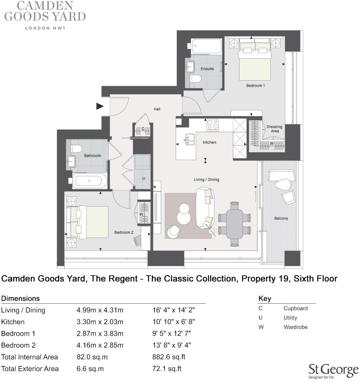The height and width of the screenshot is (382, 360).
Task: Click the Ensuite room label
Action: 207,69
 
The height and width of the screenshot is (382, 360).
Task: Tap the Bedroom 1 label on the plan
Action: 256,85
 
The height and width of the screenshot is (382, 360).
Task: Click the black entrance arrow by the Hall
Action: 100,106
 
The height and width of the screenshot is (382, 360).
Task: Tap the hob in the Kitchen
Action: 213,125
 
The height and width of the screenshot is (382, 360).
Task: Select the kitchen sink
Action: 189,139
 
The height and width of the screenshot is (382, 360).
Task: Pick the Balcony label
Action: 281,218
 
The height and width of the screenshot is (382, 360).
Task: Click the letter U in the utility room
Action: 144,178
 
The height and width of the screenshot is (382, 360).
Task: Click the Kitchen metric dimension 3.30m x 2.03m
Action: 100,322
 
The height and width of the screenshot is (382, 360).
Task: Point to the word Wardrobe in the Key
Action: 295,327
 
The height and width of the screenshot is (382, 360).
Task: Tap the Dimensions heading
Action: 20,298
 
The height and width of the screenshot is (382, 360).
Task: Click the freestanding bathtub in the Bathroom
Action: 90,181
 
